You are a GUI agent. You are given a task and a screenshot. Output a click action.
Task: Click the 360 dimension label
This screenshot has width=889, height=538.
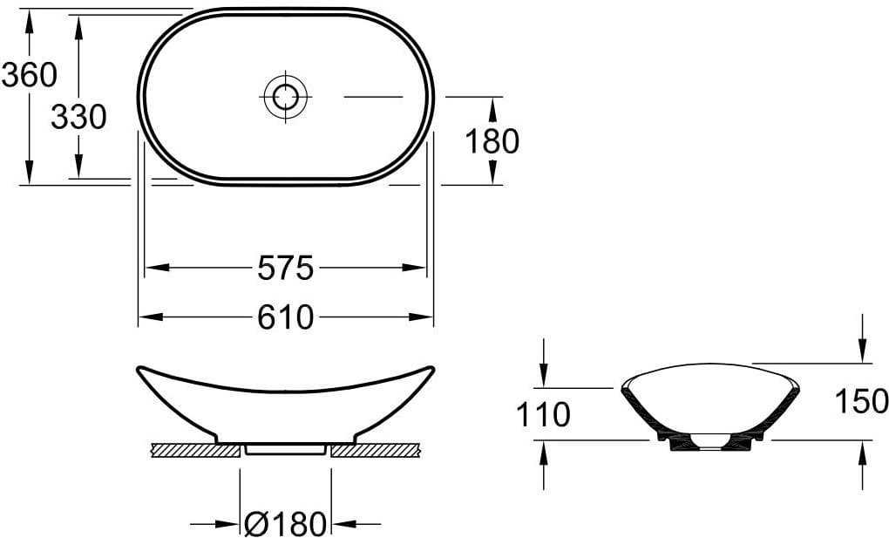point(30,75)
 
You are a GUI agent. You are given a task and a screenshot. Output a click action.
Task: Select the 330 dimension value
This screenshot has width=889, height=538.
point(78,118)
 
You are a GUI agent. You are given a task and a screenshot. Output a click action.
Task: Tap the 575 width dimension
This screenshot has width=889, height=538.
point(285,268)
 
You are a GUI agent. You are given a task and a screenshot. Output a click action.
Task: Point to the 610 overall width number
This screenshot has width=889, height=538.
point(285,317)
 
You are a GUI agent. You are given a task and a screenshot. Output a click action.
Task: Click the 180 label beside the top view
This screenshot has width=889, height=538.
point(492,141)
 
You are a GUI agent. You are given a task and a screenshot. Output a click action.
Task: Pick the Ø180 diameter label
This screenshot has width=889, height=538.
point(286,524)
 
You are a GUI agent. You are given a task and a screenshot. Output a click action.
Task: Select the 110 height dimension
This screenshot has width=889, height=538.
point(543,415)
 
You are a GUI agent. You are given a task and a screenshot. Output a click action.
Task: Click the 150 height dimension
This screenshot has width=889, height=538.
point(861,402)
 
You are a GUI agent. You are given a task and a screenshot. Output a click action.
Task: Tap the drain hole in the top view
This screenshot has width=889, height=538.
point(285,97)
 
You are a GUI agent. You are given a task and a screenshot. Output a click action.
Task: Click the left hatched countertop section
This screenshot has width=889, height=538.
point(195,451)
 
